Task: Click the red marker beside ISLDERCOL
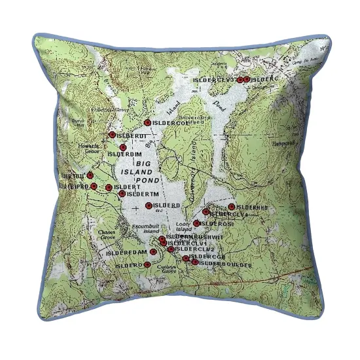(147, 122)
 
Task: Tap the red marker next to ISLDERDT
(112, 135)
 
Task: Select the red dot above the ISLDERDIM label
(123, 147)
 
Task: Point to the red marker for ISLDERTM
(122, 194)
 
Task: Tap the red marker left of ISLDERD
(149, 206)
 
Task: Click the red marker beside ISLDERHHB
(232, 207)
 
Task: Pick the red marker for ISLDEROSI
(196, 223)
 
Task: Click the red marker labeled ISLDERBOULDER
(195, 262)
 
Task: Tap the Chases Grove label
(106, 234)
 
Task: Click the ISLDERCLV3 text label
(213, 80)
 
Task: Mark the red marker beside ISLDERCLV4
(206, 212)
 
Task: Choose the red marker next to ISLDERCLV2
(171, 249)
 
